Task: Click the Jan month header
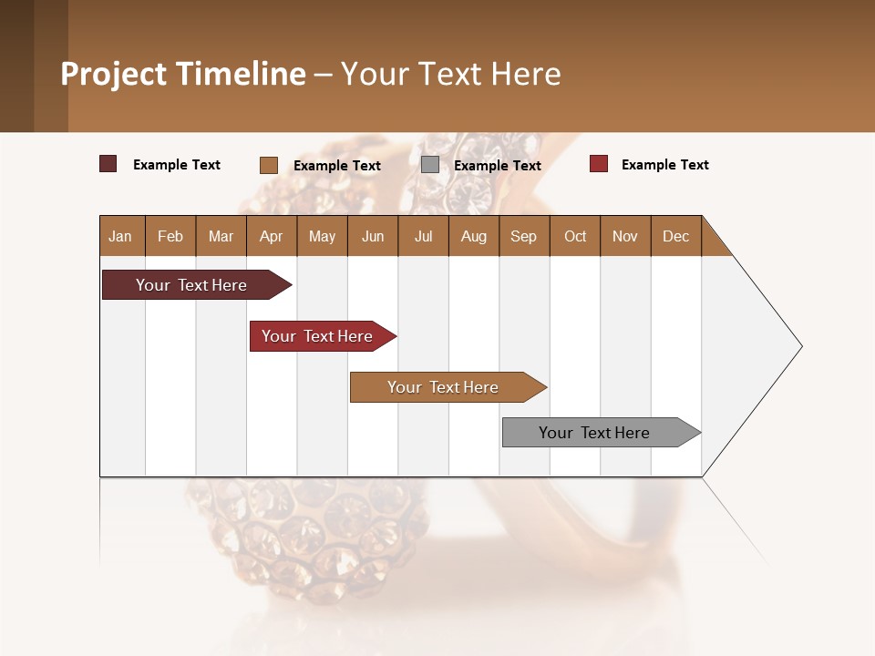(121, 236)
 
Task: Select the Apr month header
(272, 236)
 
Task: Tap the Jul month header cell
(423, 236)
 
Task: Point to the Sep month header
(524, 236)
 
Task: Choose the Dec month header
(675, 236)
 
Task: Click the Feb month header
(170, 236)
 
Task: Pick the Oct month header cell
(575, 236)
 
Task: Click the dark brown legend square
(108, 164)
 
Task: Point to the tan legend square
(269, 165)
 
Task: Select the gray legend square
(430, 165)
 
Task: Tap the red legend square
(599, 164)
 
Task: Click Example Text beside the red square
(664, 165)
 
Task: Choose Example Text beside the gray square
(497, 166)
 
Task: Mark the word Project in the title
(114, 75)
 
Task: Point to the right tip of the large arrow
(800, 346)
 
